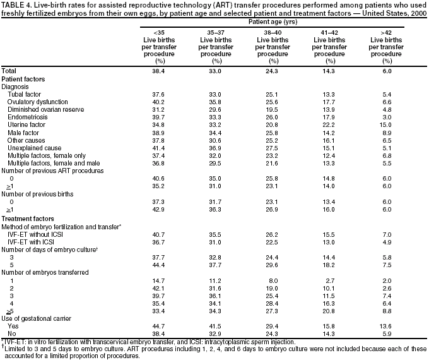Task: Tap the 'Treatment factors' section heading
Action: (x=26, y=219)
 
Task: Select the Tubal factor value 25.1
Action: (x=273, y=94)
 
